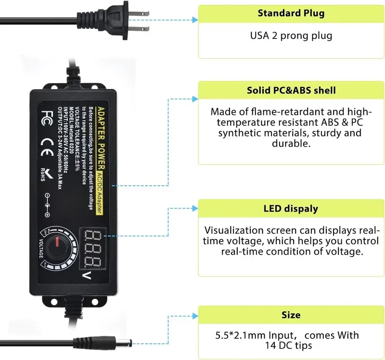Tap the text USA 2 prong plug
coord(291,36)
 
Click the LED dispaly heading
coord(291,209)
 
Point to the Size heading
coord(291,315)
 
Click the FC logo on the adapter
coord(47,116)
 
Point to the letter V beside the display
coord(88,275)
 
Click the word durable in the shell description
coord(290,143)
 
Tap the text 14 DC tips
coord(289,346)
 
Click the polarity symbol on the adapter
coord(48,202)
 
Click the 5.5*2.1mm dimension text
coord(240,335)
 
